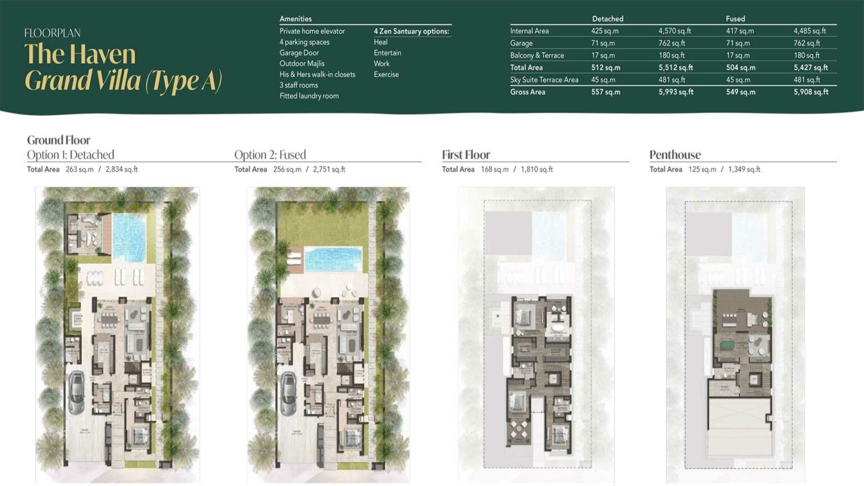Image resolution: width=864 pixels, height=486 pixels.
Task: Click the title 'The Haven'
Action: [x=80, y=55]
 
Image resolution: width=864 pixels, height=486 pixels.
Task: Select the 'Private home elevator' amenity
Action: [x=312, y=31]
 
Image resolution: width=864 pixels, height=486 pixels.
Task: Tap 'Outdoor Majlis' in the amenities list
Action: [x=302, y=64]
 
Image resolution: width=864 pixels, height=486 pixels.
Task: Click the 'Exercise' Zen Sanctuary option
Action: [x=386, y=74]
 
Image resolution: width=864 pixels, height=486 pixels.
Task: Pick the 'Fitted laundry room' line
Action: [x=309, y=96]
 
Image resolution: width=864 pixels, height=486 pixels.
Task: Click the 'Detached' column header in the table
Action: [x=607, y=19]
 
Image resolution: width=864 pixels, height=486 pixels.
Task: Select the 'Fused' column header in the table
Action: [x=735, y=19]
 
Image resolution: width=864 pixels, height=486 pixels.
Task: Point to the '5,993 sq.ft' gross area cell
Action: [x=676, y=92]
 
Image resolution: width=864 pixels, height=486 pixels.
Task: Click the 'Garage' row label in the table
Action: [x=521, y=43]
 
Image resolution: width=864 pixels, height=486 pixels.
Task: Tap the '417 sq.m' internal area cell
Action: [x=740, y=31]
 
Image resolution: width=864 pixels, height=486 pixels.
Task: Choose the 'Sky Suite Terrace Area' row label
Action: [x=544, y=80]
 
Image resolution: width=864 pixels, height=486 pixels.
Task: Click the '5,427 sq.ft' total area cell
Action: [x=811, y=67]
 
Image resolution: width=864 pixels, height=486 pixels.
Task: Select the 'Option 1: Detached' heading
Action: [x=70, y=155]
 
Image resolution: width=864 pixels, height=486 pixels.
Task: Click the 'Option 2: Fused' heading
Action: [x=270, y=155]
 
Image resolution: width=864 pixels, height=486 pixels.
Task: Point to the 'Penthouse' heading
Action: [x=675, y=155]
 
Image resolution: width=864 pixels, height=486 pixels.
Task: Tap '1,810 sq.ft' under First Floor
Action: [x=537, y=169]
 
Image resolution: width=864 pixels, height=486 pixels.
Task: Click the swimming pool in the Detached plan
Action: [x=129, y=237]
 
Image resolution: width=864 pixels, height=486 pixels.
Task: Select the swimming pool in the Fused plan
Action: [x=333, y=259]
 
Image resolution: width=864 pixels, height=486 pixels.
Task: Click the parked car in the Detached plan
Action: [x=76, y=391]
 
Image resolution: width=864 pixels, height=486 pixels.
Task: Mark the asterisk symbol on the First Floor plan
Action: [x=498, y=317]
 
